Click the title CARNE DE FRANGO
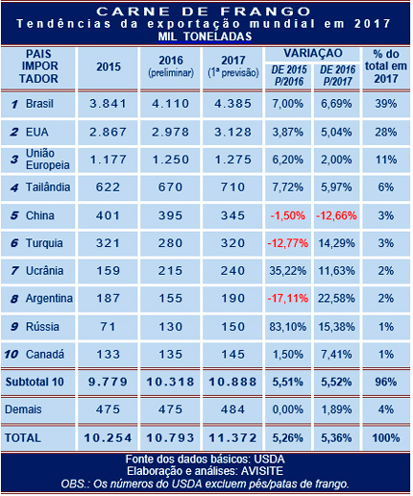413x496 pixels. point(205,9)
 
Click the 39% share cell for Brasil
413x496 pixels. point(385,103)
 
